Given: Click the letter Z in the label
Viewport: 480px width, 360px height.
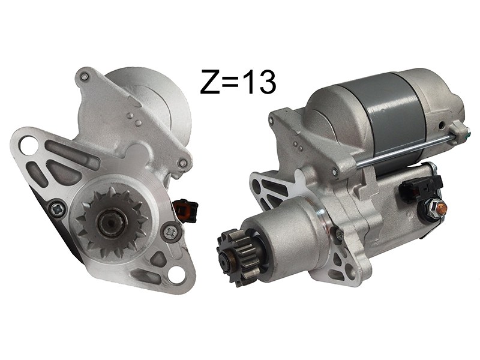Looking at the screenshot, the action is click(x=211, y=81).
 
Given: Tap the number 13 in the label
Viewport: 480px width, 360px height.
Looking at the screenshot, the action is click(x=260, y=82).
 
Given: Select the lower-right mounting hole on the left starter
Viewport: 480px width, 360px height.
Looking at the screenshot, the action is click(x=176, y=274).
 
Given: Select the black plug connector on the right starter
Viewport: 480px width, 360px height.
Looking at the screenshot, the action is click(x=421, y=190).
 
